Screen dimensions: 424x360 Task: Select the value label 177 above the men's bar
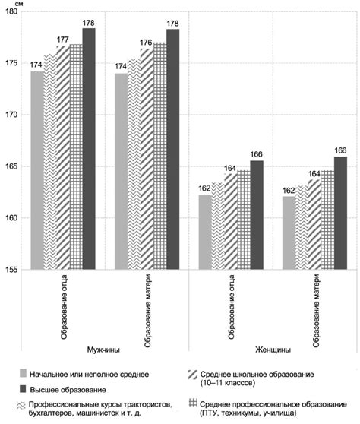coord(63,40)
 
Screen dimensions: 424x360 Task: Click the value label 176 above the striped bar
coord(147,43)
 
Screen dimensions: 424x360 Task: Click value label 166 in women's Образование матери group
coord(339,150)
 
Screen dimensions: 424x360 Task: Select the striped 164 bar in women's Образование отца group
coord(229,221)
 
